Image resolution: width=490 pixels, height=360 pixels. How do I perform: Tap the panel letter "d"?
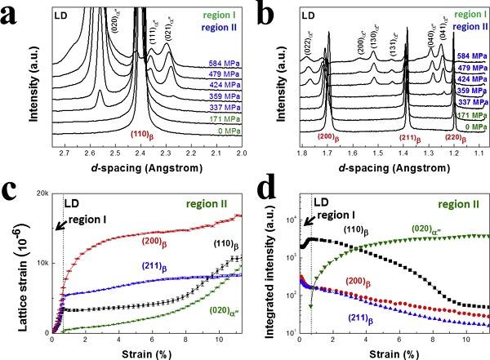(255, 193)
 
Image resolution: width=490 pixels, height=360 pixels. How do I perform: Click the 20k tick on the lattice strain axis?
(42, 193)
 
